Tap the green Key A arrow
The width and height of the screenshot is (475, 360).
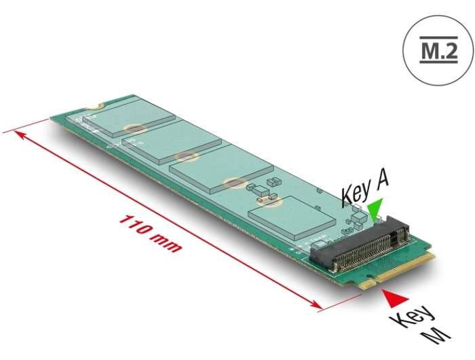(x=375, y=209)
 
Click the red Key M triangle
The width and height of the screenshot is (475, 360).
(x=394, y=298)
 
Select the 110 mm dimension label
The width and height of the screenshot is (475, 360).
(x=151, y=234)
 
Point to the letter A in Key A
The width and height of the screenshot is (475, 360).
(x=381, y=182)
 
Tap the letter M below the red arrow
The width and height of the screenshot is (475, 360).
(x=436, y=334)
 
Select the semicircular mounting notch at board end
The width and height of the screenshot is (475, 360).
(x=94, y=106)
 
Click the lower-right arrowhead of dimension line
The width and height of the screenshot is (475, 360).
(x=315, y=304)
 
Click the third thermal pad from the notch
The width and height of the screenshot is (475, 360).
(x=221, y=168)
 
